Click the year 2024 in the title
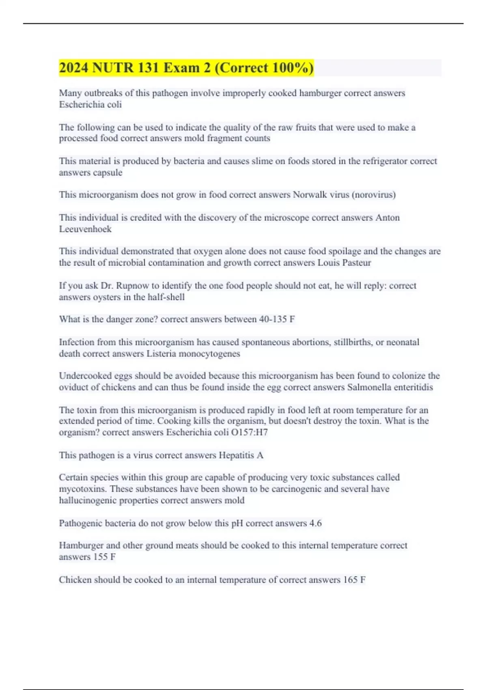click(x=74, y=68)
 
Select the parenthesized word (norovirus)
click(x=373, y=195)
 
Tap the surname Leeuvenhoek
click(x=85, y=229)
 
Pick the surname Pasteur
click(x=356, y=263)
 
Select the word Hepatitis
click(x=237, y=455)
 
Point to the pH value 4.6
click(x=315, y=523)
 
